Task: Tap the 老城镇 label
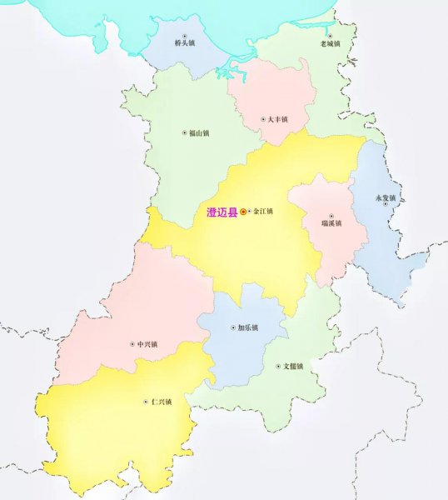[x=330, y=42]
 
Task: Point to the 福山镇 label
[x=199, y=132]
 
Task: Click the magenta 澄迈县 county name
[x=221, y=212]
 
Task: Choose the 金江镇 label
[x=263, y=212]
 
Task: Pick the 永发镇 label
[x=386, y=197]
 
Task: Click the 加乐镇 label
[x=248, y=327]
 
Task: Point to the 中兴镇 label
[x=148, y=343]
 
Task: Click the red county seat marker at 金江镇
[x=243, y=212]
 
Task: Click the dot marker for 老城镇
[x=330, y=34]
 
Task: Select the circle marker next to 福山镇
[x=184, y=132]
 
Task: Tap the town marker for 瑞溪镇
[x=331, y=216]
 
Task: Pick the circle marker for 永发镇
[x=386, y=205]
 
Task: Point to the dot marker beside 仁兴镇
[x=146, y=402]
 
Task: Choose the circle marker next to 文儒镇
[x=278, y=366]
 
